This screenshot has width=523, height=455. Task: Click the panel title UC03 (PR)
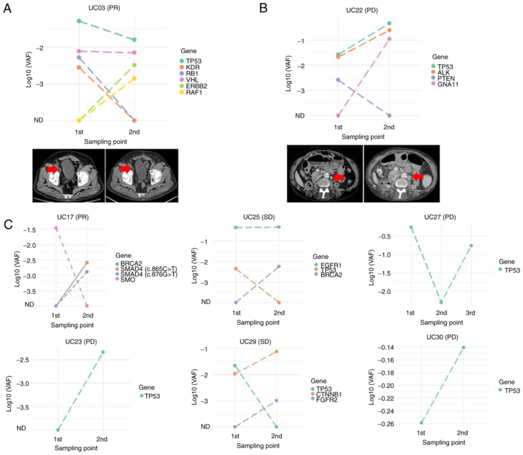tap(104, 8)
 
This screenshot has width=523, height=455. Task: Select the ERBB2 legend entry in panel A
tap(196, 86)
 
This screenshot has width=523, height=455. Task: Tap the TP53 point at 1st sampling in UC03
tap(79, 21)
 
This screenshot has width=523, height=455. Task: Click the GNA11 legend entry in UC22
tap(448, 84)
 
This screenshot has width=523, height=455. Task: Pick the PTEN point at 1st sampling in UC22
tap(338, 80)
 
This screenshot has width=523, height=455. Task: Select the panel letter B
tap(263, 8)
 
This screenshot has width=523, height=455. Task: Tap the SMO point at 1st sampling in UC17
tap(56, 228)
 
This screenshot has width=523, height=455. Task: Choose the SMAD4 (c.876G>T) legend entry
tap(149, 274)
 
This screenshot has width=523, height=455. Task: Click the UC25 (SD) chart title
tap(259, 217)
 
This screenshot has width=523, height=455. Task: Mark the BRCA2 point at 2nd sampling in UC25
tap(279, 266)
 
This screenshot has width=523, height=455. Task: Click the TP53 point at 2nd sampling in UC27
tap(441, 302)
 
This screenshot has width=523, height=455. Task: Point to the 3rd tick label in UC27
tap(470, 313)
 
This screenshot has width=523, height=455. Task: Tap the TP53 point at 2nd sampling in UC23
tap(103, 352)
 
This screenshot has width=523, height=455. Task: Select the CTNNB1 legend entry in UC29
tap(329, 394)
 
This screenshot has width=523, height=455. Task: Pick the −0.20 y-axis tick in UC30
tap(386, 386)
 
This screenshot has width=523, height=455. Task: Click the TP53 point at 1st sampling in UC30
tap(421, 423)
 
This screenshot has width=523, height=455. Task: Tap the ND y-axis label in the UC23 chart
tap(21, 428)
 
